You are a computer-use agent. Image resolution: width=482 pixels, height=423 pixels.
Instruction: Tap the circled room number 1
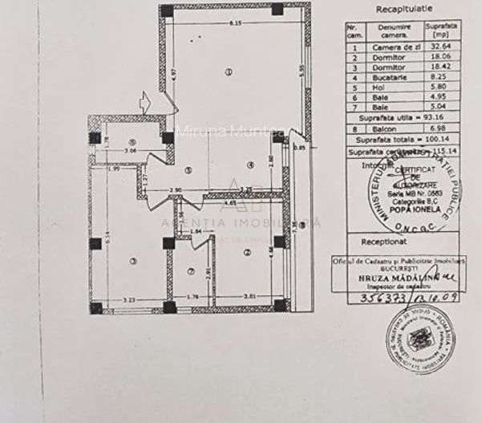[x=229, y=72]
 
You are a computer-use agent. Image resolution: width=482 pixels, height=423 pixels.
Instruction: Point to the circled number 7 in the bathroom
[x=190, y=270]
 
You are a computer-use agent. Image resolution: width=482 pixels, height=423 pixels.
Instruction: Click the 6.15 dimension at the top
[x=236, y=22]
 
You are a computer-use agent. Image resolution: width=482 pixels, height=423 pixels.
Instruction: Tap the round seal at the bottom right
[x=419, y=338]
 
